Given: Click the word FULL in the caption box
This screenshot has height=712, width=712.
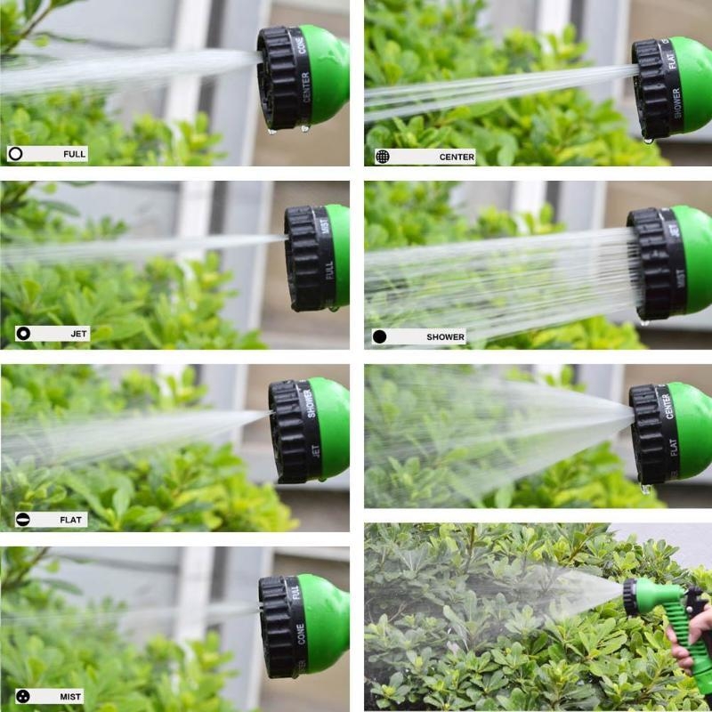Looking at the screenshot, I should coord(74,154).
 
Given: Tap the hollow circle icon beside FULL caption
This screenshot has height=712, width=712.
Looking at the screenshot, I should coord(16,154).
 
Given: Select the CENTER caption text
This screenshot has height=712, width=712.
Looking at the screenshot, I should coord(457,157).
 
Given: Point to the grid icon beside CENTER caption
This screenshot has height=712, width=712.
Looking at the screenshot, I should coord(382,157).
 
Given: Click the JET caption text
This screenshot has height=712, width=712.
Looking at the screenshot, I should coord(79,334).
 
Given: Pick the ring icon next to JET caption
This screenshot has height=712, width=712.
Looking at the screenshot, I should coord(24,334).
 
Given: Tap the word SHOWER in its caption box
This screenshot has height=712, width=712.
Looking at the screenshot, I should coord(445,337).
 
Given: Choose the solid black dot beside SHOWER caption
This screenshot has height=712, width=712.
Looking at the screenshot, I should coord(380,337).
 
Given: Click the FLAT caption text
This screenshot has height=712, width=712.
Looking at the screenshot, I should coord(71,519).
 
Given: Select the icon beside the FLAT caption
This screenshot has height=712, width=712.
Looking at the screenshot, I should coord(23,519).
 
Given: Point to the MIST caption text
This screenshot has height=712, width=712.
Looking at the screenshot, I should coord(71,696).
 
